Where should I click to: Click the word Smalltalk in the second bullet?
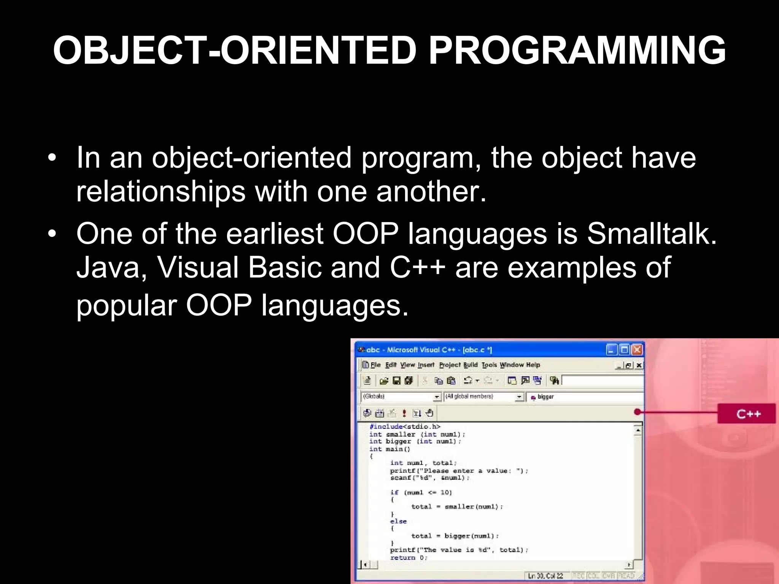pyautogui.click(x=651, y=233)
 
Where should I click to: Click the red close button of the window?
pyautogui.click(x=638, y=349)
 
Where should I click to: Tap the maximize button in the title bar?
pyautogui.click(x=624, y=349)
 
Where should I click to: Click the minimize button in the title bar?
pyautogui.click(x=611, y=349)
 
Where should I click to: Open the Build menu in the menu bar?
pyautogui.click(x=471, y=365)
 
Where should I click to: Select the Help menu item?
pyautogui.click(x=533, y=365)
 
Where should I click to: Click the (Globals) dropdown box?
pyautogui.click(x=401, y=397)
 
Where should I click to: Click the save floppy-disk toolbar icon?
pyautogui.click(x=396, y=381)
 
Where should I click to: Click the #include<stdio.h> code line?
pyautogui.click(x=405, y=427)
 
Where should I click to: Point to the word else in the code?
pyautogui.click(x=398, y=521)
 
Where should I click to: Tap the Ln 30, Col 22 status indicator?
pyautogui.click(x=545, y=576)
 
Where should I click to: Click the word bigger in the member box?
pyautogui.click(x=545, y=397)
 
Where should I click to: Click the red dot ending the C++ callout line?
pyautogui.click(x=638, y=412)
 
